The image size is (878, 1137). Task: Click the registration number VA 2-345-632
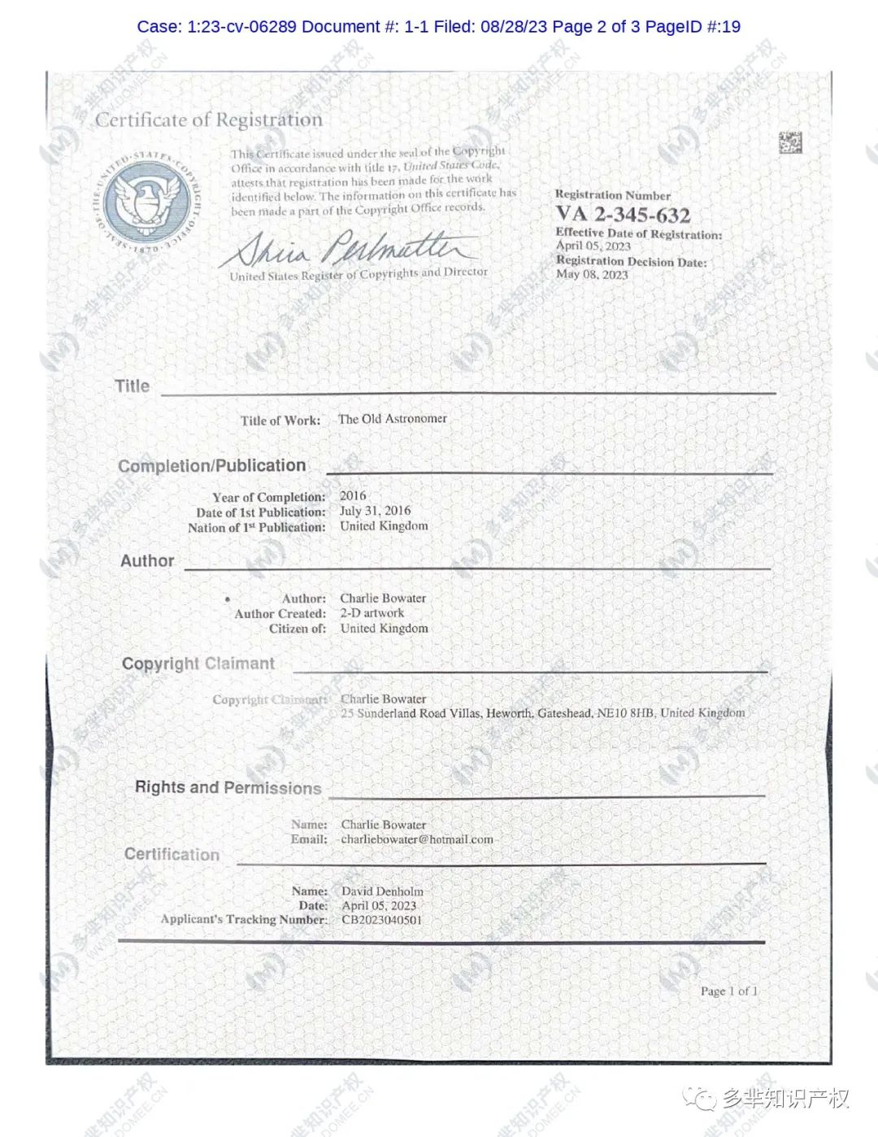tap(623, 215)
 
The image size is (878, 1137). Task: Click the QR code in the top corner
tap(789, 142)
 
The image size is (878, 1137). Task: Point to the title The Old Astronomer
tap(392, 419)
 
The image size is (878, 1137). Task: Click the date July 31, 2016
tap(375, 511)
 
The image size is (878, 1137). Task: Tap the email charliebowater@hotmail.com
tap(417, 839)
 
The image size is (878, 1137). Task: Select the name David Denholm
tap(382, 891)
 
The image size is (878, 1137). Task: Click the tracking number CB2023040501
tap(381, 920)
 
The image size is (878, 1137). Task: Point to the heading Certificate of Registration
tap(209, 120)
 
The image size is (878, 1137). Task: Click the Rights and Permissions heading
tap(228, 787)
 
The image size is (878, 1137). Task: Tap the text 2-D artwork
tap(372, 613)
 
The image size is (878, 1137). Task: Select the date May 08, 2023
tap(592, 275)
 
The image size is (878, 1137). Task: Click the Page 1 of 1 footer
tap(728, 991)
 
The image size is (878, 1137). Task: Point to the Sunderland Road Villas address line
tap(542, 713)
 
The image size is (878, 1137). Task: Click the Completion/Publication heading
tap(212, 466)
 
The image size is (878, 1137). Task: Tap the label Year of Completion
tap(268, 497)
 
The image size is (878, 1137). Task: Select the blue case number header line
tap(438, 26)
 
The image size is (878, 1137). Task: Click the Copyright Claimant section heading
tap(198, 664)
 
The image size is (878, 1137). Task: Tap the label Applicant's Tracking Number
tap(243, 919)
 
